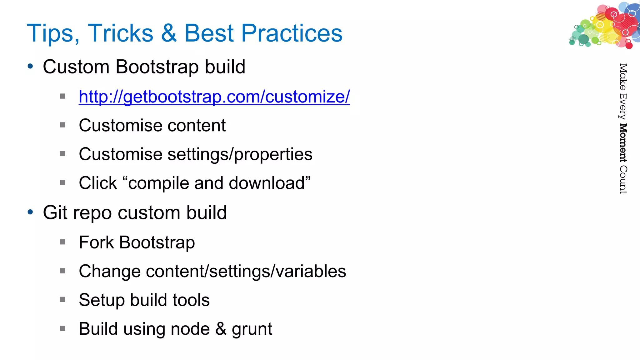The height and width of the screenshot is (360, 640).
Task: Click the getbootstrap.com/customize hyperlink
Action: tap(214, 97)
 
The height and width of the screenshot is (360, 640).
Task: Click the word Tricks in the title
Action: tap(120, 33)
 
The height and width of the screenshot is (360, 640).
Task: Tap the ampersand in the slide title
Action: tap(169, 33)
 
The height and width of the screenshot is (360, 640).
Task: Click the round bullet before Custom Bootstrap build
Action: tap(30, 66)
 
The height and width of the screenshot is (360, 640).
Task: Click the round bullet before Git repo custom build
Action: tap(30, 212)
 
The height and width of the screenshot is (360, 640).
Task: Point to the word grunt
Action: tap(252, 329)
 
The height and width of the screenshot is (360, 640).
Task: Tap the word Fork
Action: tap(96, 242)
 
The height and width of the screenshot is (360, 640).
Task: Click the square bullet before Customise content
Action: tap(63, 125)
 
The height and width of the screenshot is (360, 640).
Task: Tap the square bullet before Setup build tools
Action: tap(63, 300)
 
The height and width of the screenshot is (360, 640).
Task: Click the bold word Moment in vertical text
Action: tap(623, 143)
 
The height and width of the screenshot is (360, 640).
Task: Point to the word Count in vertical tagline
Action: tap(623, 180)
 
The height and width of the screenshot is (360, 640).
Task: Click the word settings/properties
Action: tap(240, 154)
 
